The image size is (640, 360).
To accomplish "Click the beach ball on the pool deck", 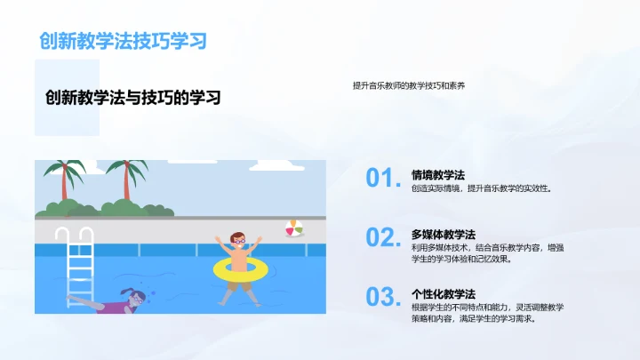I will tap(294, 228).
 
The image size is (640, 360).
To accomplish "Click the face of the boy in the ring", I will tap(237, 242).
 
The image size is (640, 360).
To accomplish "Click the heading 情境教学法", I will tap(438, 174).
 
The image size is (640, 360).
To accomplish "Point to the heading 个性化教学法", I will tap(444, 292).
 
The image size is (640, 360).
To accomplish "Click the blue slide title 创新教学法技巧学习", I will tap(124, 40).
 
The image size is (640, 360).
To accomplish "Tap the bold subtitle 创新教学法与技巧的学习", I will tap(132, 98).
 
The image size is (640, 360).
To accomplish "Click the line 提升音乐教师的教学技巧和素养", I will tap(408, 86).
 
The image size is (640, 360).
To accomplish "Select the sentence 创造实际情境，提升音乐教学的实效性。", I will tap(481, 188).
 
